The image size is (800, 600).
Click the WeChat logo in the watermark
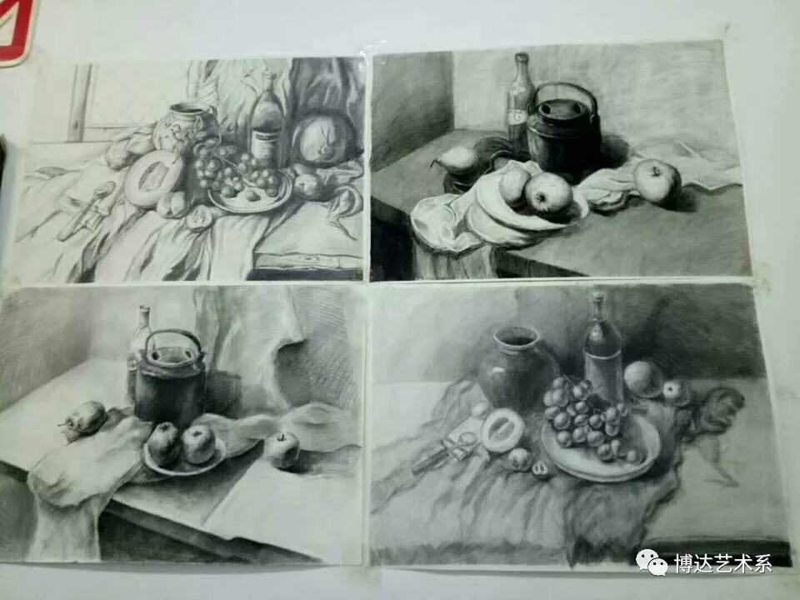click(652, 562)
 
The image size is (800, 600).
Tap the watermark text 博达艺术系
click(723, 563)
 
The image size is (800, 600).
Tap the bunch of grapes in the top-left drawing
click(232, 169)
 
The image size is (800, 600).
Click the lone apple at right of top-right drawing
click(657, 182)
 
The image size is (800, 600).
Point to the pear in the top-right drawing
click(457, 161)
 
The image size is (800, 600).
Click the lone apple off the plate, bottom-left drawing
click(282, 450)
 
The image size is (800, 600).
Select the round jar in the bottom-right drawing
click(517, 368)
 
